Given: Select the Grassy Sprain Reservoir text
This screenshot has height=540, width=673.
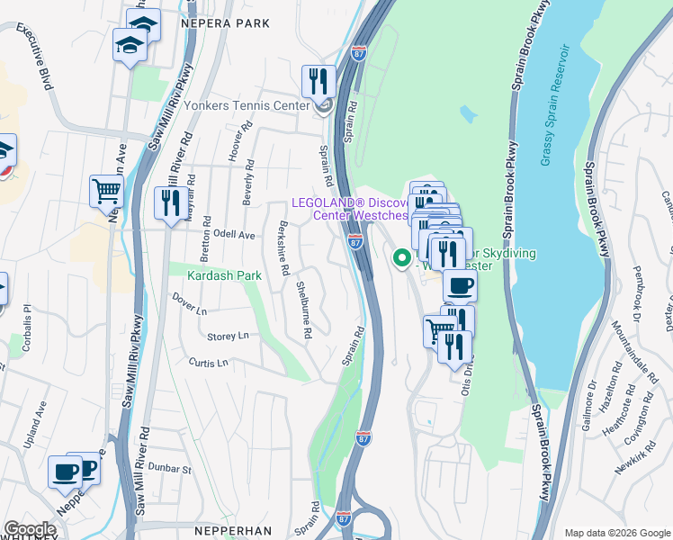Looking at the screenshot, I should click(555, 103).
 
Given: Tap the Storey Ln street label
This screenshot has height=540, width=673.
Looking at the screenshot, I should click(228, 336).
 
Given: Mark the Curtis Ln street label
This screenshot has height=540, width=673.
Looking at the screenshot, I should click(209, 363).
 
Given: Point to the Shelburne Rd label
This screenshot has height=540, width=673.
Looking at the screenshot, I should click(304, 310).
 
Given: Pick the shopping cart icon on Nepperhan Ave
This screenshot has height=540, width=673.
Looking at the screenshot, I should click(106, 191).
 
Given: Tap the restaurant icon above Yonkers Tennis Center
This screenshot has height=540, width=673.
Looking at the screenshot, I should click(318, 81).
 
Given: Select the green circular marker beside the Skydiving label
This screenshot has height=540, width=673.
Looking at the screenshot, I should click(401, 259).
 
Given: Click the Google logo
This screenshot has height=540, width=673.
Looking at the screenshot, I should click(31, 528).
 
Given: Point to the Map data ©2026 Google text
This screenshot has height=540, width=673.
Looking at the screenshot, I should click(616, 533).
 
